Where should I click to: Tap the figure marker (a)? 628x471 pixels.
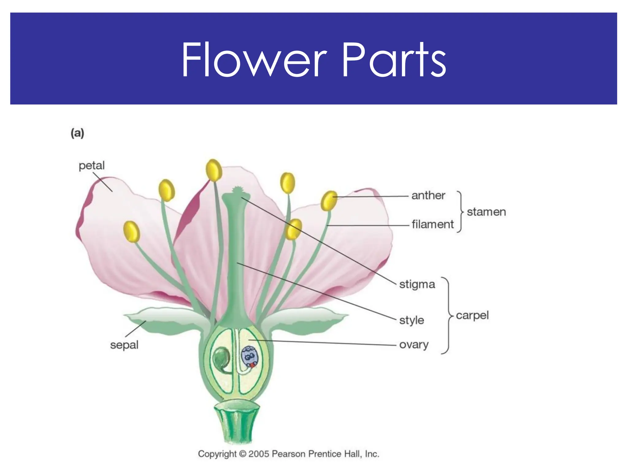point(77,133)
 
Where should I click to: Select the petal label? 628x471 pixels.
point(92,166)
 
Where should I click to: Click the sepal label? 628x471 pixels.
point(124,345)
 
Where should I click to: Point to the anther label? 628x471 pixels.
point(428,195)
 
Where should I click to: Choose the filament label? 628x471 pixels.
point(432,224)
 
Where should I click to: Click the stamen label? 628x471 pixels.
point(486,212)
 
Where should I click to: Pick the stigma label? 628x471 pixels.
point(417,284)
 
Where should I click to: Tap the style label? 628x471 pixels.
point(412,320)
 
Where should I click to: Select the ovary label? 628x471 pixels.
point(414,345)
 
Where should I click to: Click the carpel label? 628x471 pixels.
point(472,315)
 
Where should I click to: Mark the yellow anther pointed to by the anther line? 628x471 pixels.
point(329,201)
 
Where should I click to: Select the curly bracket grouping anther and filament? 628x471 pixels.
point(460,212)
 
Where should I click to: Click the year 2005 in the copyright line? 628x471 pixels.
point(259,454)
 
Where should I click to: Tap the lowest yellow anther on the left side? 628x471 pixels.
point(132,232)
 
